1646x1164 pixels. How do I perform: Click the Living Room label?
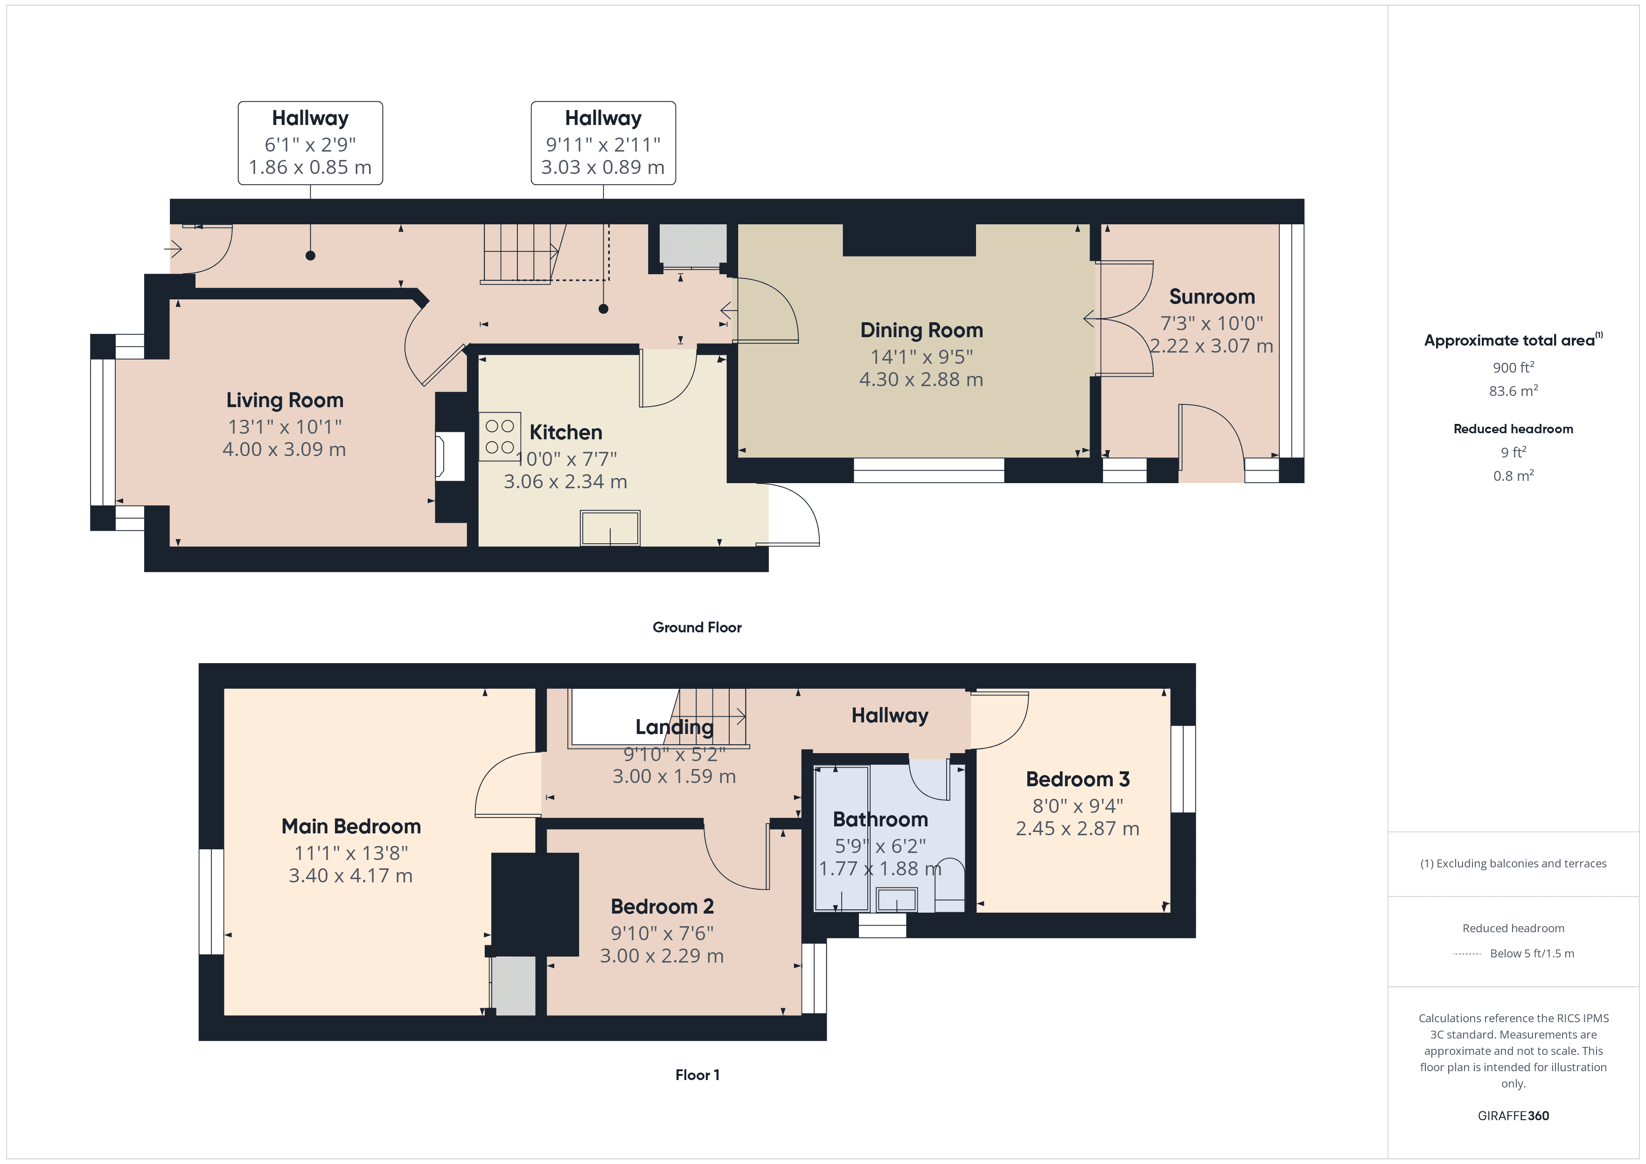click(x=285, y=400)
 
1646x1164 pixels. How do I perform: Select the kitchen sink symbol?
click(x=610, y=529)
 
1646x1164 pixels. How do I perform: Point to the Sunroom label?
click(x=1212, y=297)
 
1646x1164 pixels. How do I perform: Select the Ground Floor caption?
click(x=697, y=627)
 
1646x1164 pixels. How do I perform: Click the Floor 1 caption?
click(x=697, y=1075)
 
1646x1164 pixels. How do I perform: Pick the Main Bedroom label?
click(x=350, y=826)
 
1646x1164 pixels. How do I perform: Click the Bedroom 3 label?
click(x=1077, y=779)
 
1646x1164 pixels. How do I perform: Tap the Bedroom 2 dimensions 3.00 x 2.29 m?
click(x=661, y=956)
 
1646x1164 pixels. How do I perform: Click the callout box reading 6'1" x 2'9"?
click(x=310, y=143)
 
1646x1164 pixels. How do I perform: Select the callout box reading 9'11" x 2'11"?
click(x=603, y=143)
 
